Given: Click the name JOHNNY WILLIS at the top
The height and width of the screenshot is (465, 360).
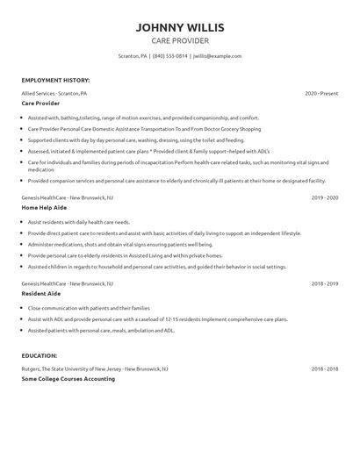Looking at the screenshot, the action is [x=179, y=26].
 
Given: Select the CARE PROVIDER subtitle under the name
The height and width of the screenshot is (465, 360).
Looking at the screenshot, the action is [x=179, y=40].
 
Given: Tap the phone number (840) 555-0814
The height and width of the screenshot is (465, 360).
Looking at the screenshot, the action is [x=170, y=55].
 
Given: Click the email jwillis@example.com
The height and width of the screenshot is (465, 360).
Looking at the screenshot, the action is [x=217, y=55].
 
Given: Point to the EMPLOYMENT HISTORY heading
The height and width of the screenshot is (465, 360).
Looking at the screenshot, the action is [x=54, y=80].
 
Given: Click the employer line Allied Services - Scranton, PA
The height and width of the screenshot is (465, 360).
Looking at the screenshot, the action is [x=54, y=92].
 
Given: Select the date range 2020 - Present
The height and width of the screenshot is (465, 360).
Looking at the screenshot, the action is [x=321, y=92].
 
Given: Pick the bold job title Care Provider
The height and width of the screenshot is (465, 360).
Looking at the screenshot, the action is [x=40, y=103].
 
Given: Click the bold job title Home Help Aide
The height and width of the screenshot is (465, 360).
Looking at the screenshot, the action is [x=44, y=209].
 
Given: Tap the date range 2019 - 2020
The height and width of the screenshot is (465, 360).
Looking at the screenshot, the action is [x=325, y=198].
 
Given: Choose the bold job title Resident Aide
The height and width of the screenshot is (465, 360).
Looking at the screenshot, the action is [x=41, y=294].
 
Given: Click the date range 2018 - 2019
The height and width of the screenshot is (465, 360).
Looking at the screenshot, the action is [x=325, y=283].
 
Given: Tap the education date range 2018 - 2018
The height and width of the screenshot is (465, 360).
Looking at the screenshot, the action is [x=325, y=368].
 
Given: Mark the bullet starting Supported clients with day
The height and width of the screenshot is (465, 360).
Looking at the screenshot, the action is [x=122, y=139].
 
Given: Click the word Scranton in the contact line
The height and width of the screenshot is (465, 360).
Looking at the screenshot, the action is [x=130, y=55].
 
